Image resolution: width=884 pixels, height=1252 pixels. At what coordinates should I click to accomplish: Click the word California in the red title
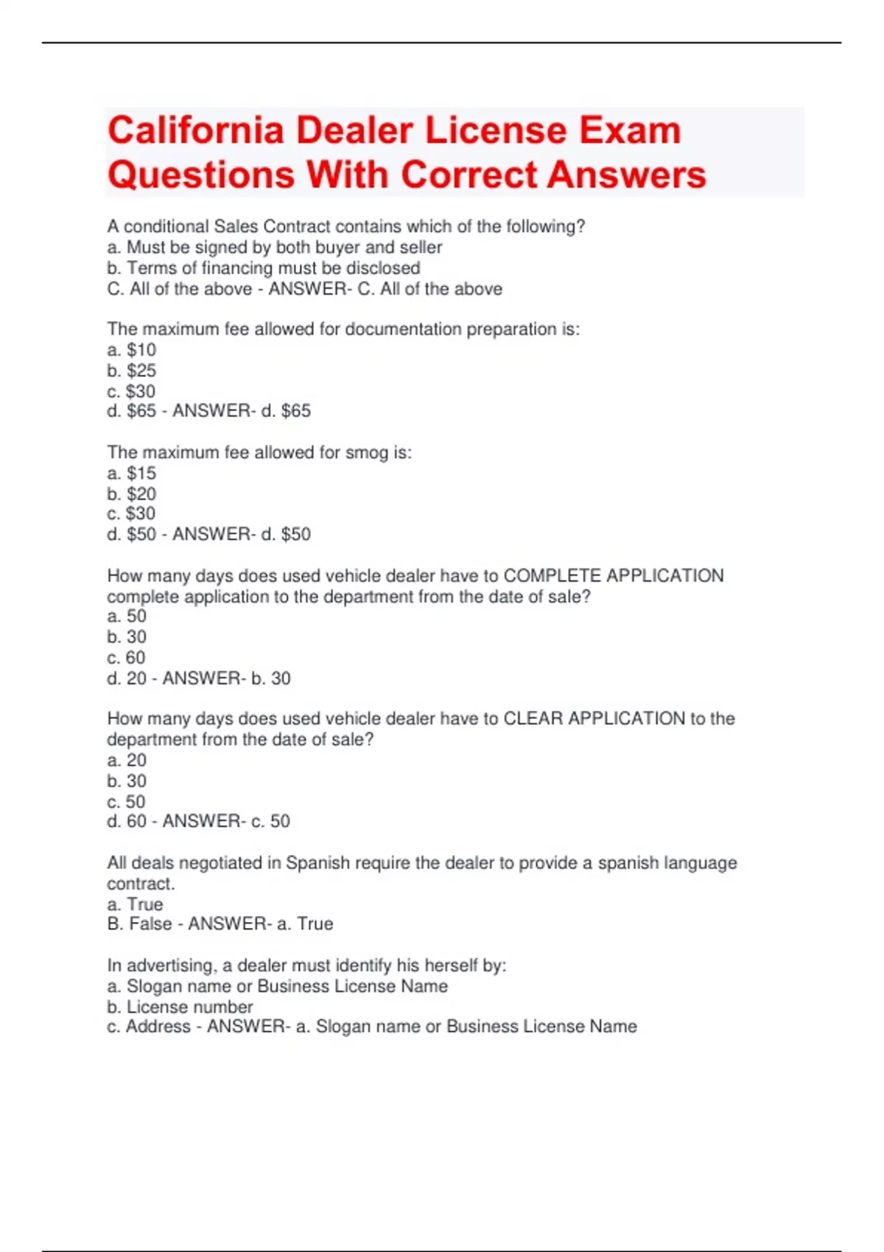pos(195,131)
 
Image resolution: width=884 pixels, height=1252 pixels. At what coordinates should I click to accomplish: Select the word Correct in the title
pos(469,175)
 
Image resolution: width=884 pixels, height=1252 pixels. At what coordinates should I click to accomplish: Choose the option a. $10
pos(132,350)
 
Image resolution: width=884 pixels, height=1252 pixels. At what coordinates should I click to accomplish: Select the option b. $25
pos(132,370)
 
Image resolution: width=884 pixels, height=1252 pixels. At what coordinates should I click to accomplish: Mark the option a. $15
pos(132,473)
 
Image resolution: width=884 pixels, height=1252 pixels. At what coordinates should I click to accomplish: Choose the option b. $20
pos(132,493)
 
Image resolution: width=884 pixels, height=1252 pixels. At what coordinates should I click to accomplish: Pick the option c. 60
pos(127,657)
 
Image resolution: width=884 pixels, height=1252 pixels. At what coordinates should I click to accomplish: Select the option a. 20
pos(127,760)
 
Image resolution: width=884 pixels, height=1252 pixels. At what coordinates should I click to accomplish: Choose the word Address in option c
pos(158,1026)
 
